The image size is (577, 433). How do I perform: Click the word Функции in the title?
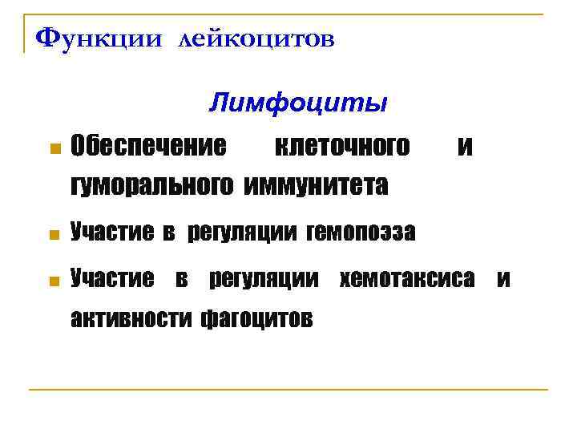point(95,38)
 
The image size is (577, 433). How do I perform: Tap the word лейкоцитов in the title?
point(252,39)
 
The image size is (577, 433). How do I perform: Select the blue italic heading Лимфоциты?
point(298,103)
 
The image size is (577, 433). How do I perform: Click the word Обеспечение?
point(148,147)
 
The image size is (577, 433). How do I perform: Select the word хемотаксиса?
point(408,280)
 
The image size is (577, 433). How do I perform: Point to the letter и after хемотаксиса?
point(503,280)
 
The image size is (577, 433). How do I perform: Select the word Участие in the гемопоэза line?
point(111,233)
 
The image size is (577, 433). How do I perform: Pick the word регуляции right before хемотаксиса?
point(268,280)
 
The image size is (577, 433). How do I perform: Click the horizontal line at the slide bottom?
point(288,390)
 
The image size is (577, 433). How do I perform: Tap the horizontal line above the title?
point(288,14)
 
